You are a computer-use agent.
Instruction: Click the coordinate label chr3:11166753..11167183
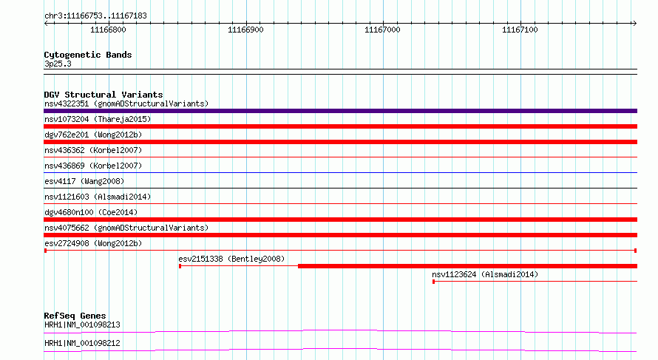(95, 16)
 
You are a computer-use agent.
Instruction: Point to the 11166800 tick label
(108, 30)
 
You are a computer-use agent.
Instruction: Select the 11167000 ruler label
(382, 30)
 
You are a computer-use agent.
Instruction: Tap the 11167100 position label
(520, 30)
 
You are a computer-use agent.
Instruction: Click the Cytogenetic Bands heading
(88, 55)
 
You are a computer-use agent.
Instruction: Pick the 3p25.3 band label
(58, 64)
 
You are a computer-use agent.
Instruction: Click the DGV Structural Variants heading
(104, 95)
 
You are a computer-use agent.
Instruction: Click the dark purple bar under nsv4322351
(340, 111)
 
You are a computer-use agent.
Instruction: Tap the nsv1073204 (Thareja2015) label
(98, 119)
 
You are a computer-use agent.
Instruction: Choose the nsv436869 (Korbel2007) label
(93, 166)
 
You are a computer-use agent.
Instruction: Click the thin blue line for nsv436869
(340, 172)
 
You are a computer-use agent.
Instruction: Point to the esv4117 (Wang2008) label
(84, 181)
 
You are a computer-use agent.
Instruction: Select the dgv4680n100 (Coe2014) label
(91, 212)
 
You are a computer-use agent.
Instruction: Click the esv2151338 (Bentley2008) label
(231, 259)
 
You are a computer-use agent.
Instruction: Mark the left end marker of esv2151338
(180, 266)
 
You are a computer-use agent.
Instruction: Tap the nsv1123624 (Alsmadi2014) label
(485, 274)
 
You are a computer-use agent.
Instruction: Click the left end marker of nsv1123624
(433, 282)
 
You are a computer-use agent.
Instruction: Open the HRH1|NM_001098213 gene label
(82, 325)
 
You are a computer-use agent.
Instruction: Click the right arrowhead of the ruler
(634, 24)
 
